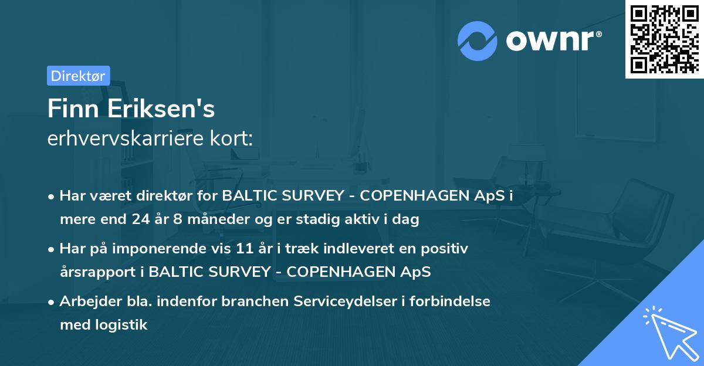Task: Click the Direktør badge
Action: point(78,76)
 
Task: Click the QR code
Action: point(664,39)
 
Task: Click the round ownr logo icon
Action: point(478,40)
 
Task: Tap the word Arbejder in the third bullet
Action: point(84,301)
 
